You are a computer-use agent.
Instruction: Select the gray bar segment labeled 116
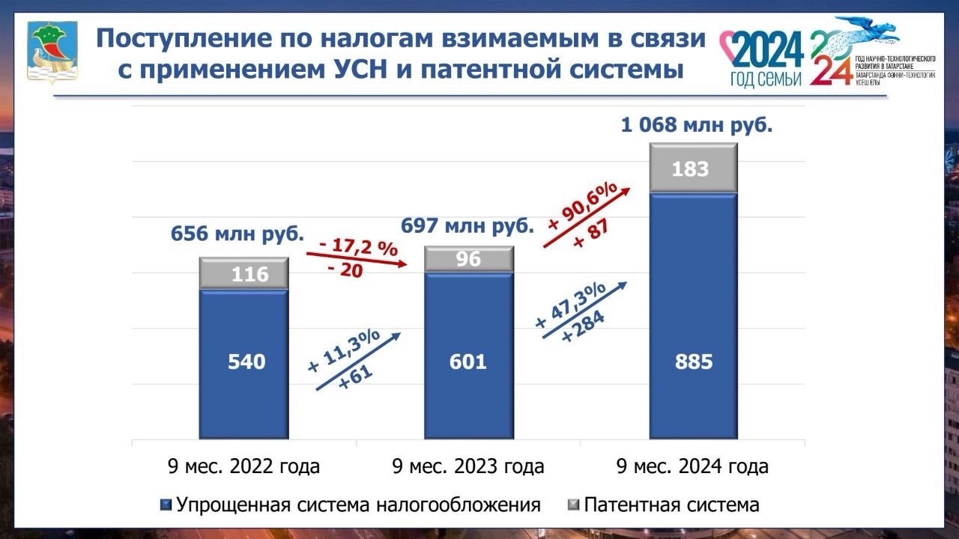click(244, 274)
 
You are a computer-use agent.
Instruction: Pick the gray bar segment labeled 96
click(469, 259)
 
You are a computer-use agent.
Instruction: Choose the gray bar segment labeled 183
click(694, 168)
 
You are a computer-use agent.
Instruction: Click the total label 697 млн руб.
click(468, 225)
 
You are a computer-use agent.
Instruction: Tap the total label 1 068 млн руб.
click(697, 125)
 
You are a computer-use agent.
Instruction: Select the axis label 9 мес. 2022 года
click(243, 467)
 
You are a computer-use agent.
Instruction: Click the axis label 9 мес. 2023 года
click(468, 467)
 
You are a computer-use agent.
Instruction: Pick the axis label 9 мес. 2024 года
click(692, 467)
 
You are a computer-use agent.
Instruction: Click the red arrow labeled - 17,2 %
click(357, 260)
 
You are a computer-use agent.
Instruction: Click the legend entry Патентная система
click(663, 505)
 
